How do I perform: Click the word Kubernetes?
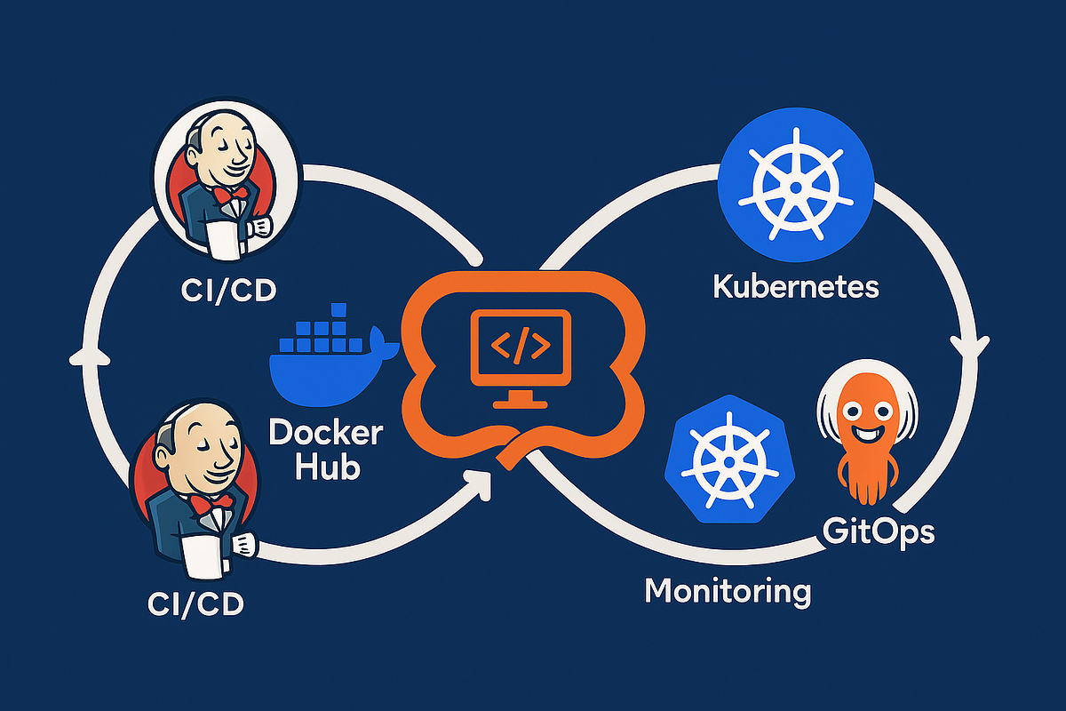pos(795,287)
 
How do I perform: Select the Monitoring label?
pos(728,590)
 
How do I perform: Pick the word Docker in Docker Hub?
pos(325,434)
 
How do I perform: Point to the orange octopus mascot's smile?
pos(862,435)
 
